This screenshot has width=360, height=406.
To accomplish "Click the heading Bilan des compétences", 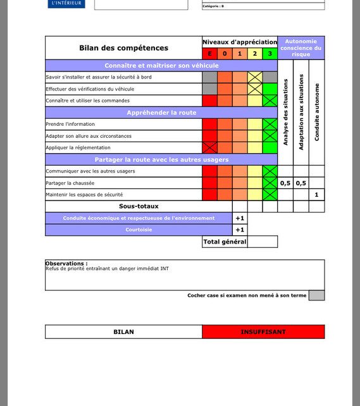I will (x=123, y=48).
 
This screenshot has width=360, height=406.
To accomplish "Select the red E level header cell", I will (x=209, y=54).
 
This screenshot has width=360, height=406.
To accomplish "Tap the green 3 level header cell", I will (x=270, y=54).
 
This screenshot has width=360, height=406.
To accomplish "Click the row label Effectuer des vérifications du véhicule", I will (x=90, y=89).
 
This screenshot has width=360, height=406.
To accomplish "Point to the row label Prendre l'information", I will (x=70, y=125).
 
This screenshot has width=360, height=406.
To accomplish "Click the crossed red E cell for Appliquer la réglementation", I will (x=209, y=148).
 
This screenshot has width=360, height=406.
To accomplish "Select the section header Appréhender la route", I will (x=161, y=113).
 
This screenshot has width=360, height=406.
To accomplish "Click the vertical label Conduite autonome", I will (x=317, y=112).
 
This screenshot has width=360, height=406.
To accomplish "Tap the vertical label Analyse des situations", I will (x=286, y=112).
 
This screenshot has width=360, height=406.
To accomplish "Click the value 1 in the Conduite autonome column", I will (x=317, y=195).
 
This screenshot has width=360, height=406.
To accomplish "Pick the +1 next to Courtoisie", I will (x=240, y=230).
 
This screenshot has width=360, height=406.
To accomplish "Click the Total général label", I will (x=225, y=242).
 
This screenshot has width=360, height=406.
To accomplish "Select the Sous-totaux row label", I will (x=139, y=206).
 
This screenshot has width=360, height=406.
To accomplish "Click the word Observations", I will (x=66, y=263).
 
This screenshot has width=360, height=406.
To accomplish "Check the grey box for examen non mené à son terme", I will (x=316, y=295).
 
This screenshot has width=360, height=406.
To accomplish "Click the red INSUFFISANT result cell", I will (x=263, y=332).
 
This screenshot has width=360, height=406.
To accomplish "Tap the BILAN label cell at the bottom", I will (x=123, y=332).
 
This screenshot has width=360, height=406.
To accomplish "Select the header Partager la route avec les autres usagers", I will (x=161, y=160).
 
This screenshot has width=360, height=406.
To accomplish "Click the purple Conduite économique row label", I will (x=139, y=218).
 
